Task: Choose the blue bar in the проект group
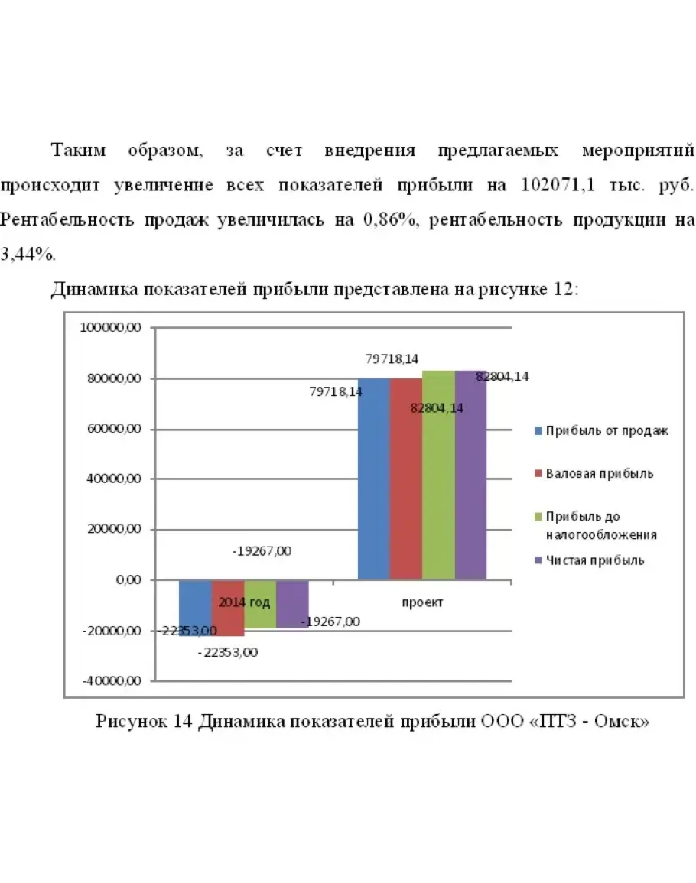[x=373, y=478]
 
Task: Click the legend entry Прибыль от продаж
[x=600, y=430]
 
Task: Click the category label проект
[x=422, y=602]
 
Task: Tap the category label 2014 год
[x=244, y=602]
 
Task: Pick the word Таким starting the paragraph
[x=79, y=150]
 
